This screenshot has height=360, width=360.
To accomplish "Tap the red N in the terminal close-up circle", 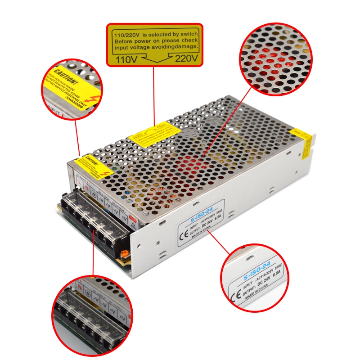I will pyautogui.click(x=80, y=286).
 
